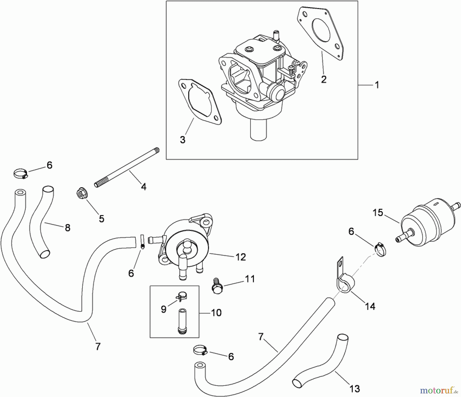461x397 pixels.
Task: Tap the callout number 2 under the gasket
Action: [324, 79]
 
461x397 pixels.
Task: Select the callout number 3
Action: [183, 140]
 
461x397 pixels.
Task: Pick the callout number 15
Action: [378, 213]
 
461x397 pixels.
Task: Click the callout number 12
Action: [240, 257]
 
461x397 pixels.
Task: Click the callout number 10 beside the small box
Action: [216, 312]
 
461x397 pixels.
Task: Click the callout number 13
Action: [355, 389]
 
